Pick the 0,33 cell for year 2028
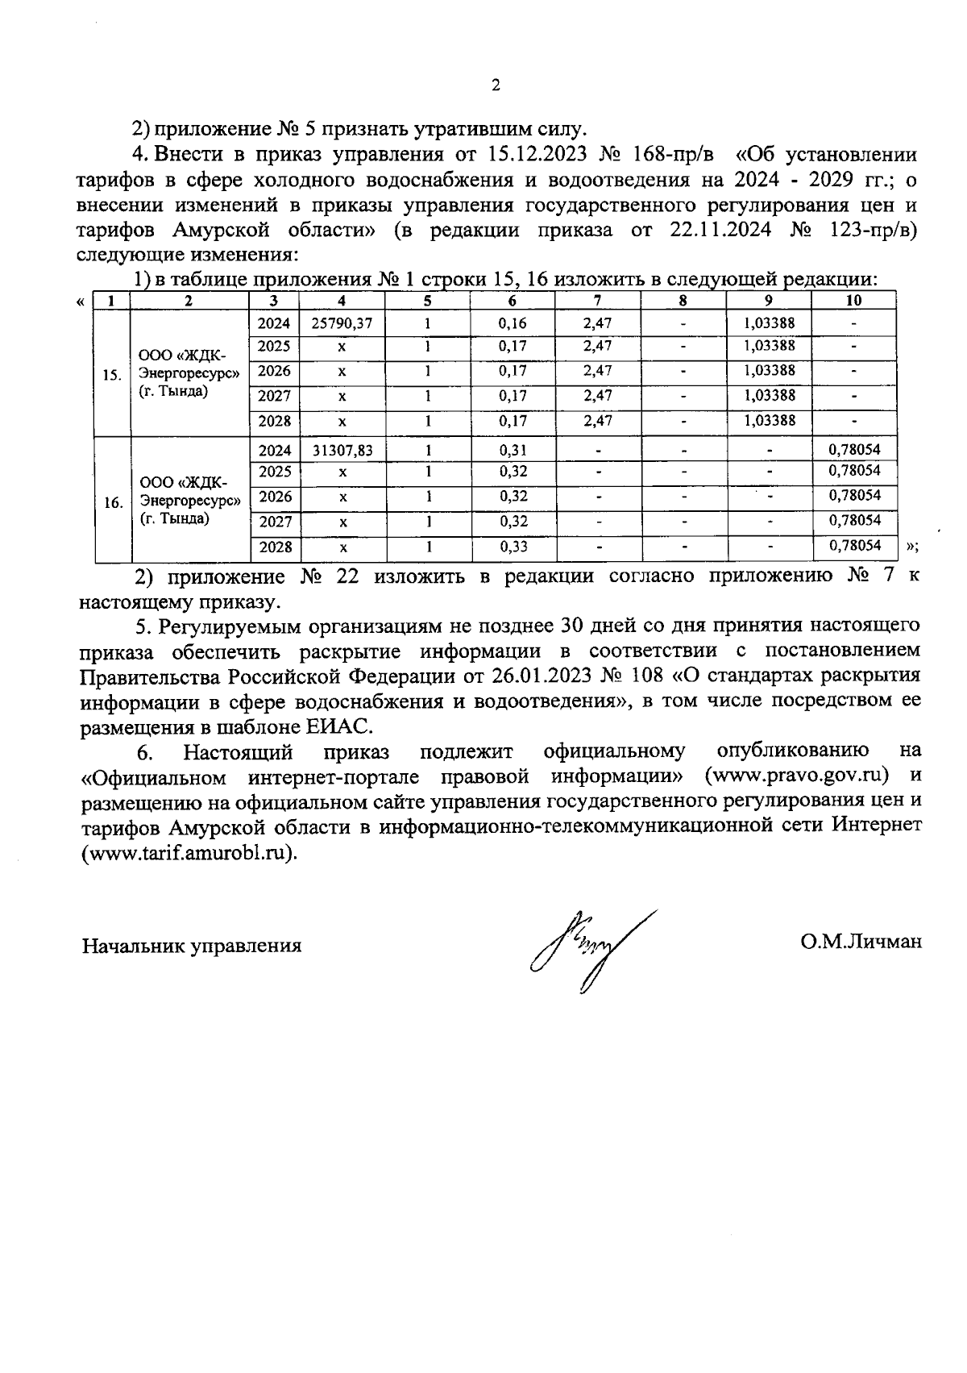coord(513,547)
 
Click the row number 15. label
coord(113,376)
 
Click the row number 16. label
coord(113,502)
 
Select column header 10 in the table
coord(854,301)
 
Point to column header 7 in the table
coord(597,301)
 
